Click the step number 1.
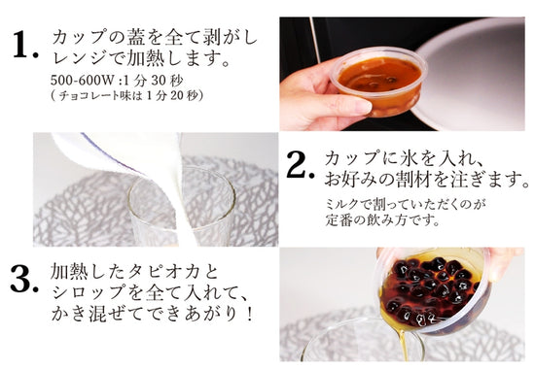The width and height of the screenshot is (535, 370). coord(23,45)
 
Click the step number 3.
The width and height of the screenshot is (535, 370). coord(24,283)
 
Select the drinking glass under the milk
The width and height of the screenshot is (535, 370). coord(180,209)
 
